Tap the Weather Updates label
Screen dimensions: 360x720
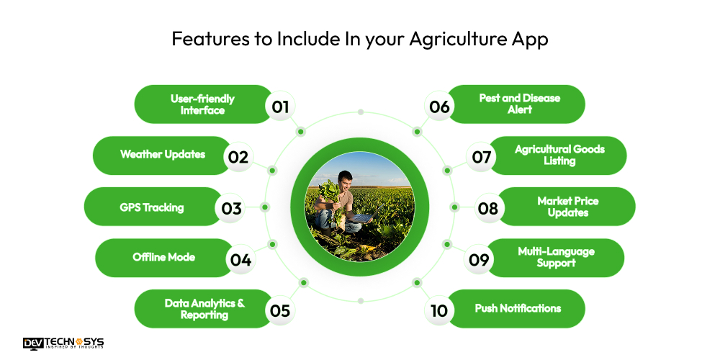coord(162,155)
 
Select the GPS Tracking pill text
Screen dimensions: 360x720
coord(152,207)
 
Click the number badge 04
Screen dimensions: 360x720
coord(240,259)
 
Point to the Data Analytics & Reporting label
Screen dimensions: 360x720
coord(204,309)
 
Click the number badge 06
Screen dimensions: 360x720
coord(439,106)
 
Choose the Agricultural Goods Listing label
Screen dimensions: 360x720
coord(559,156)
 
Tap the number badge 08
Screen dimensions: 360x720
coord(488,208)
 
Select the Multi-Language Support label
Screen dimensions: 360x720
coord(556,258)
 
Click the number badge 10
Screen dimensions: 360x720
coord(439,310)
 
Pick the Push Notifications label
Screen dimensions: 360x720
coord(518,308)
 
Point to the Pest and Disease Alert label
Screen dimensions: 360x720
coord(519,104)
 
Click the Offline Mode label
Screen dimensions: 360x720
coord(163,258)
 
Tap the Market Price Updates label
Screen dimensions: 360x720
coord(567,207)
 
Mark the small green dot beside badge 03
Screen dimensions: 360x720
coord(265,207)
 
